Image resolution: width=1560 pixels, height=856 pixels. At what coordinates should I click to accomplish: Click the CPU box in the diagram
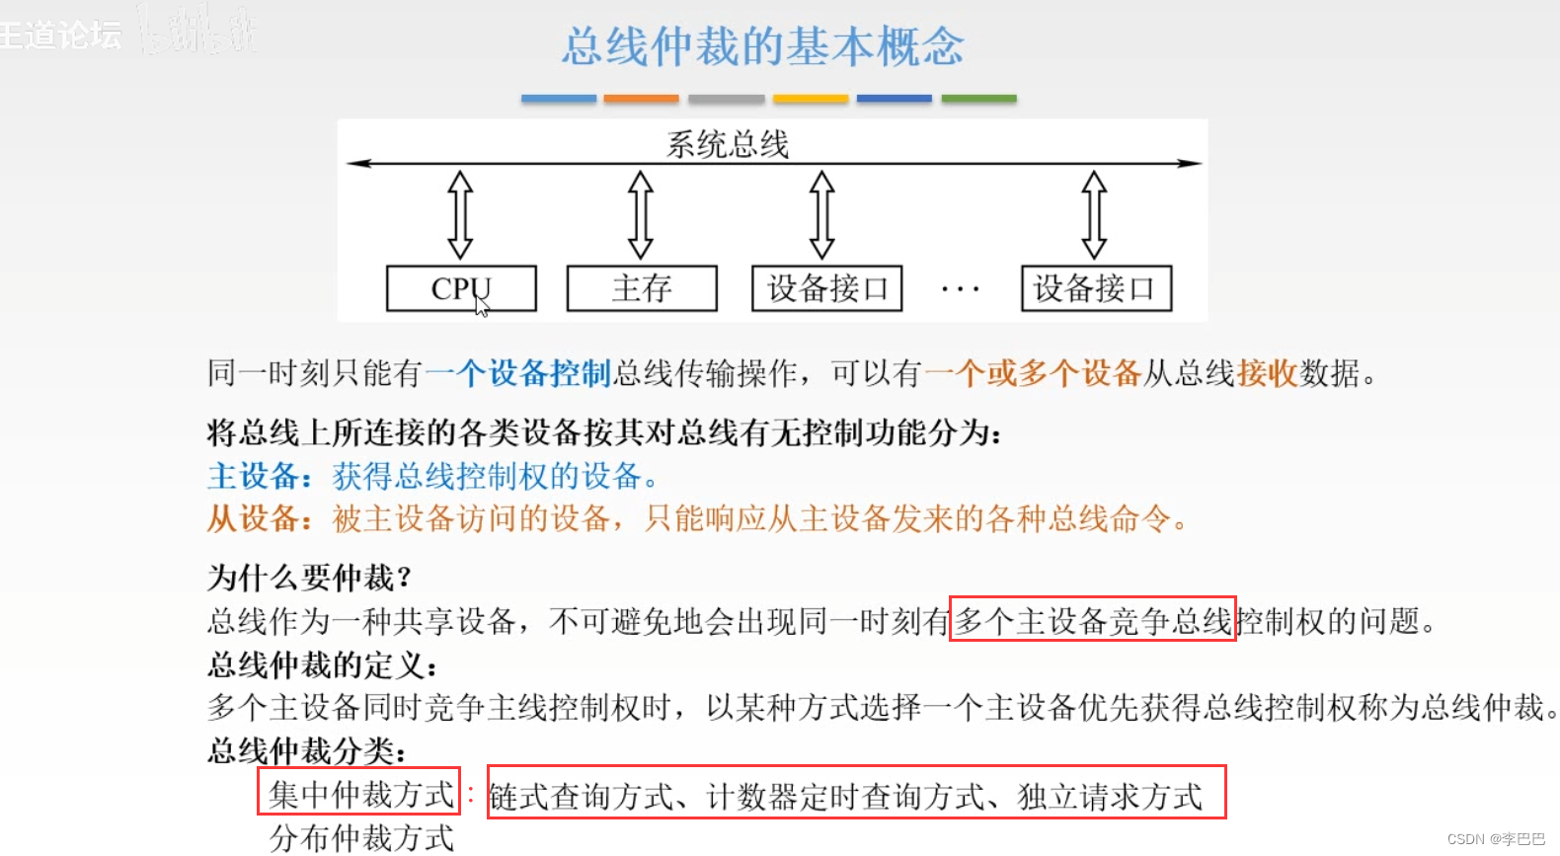pyautogui.click(x=461, y=288)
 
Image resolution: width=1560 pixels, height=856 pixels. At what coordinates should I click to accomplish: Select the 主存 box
pyautogui.click(x=642, y=288)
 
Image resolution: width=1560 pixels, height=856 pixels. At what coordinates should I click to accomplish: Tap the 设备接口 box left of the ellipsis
pyautogui.click(x=827, y=288)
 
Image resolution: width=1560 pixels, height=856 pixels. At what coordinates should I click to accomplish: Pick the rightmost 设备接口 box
pyautogui.click(x=1096, y=288)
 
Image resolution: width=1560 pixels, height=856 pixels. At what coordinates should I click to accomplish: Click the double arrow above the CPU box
pyautogui.click(x=460, y=214)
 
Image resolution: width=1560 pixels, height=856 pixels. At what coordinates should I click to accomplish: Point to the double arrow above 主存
pyautogui.click(x=641, y=214)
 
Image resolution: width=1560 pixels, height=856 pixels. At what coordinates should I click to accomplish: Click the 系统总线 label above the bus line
pyautogui.click(x=728, y=144)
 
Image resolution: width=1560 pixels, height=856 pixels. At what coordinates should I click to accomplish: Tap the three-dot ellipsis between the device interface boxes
pyautogui.click(x=960, y=290)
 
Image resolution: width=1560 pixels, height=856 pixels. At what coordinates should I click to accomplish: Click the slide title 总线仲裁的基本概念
pyautogui.click(x=763, y=46)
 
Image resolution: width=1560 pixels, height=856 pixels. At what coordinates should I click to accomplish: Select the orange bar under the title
pyautogui.click(x=641, y=99)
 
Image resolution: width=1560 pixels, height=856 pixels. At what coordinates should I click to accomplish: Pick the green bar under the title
pyautogui.click(x=978, y=99)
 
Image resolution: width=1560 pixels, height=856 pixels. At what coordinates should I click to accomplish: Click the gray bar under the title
pyautogui.click(x=726, y=99)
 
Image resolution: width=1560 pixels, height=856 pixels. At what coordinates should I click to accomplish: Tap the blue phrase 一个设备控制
pyautogui.click(x=519, y=373)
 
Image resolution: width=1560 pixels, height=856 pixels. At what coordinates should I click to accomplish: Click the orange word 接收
pyautogui.click(x=1267, y=373)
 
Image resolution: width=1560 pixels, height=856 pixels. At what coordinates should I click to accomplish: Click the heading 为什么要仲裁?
pyautogui.click(x=309, y=577)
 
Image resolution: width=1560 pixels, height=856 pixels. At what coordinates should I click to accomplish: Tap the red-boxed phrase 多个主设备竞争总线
pyautogui.click(x=1092, y=620)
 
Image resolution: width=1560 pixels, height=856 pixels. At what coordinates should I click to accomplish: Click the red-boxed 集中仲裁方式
pyautogui.click(x=359, y=792)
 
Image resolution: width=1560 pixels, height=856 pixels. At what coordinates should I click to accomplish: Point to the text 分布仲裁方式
pyautogui.click(x=361, y=837)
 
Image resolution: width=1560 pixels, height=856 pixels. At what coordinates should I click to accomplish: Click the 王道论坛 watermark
pyautogui.click(x=61, y=35)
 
